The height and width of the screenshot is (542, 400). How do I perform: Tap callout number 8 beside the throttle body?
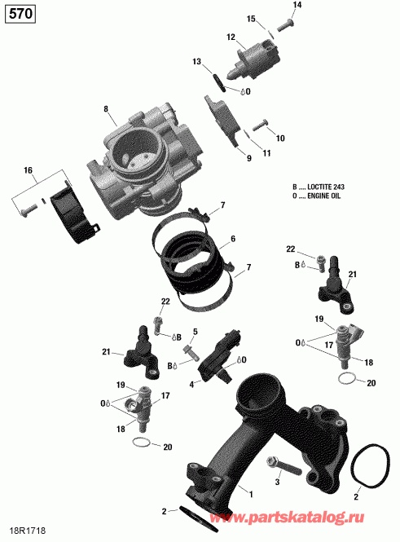[105, 109]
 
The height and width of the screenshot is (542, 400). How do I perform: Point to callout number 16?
[29, 170]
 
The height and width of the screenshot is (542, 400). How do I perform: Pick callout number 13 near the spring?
[196, 62]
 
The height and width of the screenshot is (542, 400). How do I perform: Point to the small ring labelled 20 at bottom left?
[143, 443]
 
